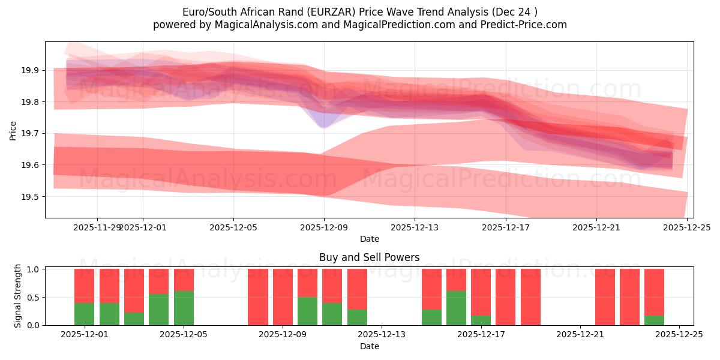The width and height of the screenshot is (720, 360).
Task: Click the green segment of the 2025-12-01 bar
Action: [84, 314]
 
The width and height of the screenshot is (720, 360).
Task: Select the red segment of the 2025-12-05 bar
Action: [184, 280]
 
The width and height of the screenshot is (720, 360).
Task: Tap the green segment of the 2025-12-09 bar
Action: [307, 311]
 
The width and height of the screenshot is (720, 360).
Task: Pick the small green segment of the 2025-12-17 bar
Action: [481, 320]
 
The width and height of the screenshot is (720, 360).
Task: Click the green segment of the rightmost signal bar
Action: [654, 320]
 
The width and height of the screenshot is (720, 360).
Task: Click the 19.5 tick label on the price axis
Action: [30, 197]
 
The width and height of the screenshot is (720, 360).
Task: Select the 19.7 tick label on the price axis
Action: [30, 134]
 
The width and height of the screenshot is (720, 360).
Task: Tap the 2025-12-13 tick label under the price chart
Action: [415, 228]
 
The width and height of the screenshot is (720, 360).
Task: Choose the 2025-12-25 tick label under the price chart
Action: [687, 228]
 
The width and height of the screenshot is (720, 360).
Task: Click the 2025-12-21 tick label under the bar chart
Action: [580, 335]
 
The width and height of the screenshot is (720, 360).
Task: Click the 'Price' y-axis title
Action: [13, 130]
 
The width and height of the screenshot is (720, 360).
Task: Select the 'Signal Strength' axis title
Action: [18, 296]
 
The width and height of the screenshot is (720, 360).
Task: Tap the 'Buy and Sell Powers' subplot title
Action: [369, 257]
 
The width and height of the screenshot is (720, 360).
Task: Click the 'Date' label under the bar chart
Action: [369, 346]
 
